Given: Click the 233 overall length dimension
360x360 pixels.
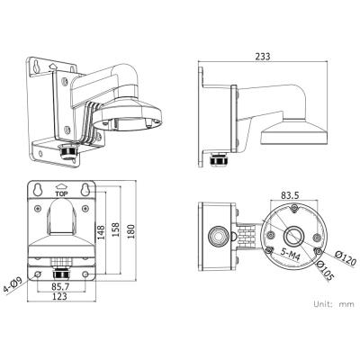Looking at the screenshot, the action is coord(263,56).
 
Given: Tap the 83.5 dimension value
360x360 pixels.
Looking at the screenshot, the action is coord(290,195).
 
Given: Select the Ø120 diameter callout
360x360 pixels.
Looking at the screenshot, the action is coord(346,258).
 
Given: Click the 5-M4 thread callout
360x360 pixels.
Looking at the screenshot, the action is coord(291,255).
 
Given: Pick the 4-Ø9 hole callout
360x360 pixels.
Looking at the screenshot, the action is coord(13,285).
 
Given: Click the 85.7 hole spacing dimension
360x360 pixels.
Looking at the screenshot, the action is coord(59,286).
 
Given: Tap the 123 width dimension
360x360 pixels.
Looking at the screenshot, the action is coord(59,296).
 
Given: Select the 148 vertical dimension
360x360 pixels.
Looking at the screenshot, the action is coord(101,232).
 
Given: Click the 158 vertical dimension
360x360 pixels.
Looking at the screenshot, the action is coord(115,229).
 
